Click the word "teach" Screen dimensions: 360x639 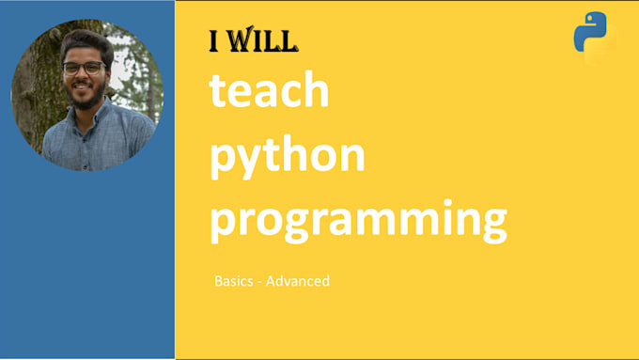click(x=269, y=91)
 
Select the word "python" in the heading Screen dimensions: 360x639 click(x=287, y=156)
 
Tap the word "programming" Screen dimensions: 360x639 click(x=357, y=220)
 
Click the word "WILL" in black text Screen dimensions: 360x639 click(x=266, y=40)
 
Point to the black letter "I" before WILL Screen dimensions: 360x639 click(x=216, y=40)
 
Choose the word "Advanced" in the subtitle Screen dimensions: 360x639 click(x=299, y=281)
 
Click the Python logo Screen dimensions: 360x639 click(x=594, y=39)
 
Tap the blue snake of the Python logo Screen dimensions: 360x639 click(x=587, y=30)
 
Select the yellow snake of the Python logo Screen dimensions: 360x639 click(x=601, y=48)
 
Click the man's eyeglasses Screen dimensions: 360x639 click(x=84, y=67)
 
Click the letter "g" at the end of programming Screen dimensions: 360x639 click(x=491, y=226)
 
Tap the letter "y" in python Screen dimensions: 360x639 click(x=242, y=161)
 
